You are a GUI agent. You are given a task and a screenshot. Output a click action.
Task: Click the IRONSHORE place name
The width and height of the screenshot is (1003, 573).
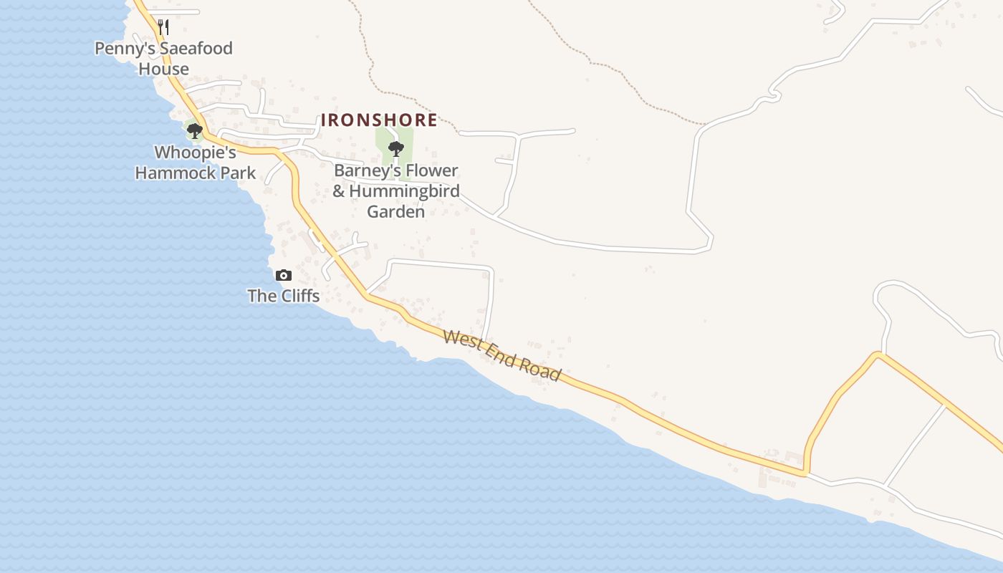378,120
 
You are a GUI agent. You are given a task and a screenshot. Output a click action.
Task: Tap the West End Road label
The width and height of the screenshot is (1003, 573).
501,355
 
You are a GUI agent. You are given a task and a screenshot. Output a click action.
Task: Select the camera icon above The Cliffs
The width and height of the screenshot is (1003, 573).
284,275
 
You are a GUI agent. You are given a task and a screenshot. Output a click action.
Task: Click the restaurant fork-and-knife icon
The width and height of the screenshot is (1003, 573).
163,27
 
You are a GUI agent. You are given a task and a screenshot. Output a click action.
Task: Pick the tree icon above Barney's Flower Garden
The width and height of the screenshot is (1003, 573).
395,149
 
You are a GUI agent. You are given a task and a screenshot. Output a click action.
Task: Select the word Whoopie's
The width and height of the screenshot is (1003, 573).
196,153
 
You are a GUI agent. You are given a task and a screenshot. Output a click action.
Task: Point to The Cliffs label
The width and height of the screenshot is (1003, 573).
284,295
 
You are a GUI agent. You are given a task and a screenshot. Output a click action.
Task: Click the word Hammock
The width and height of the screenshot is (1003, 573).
176,173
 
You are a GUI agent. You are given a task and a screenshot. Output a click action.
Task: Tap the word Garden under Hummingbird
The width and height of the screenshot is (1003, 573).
396,211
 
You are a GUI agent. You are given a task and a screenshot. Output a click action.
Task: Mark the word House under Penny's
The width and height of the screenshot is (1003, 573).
164,69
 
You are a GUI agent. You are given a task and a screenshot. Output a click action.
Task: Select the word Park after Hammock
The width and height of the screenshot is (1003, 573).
239,173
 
